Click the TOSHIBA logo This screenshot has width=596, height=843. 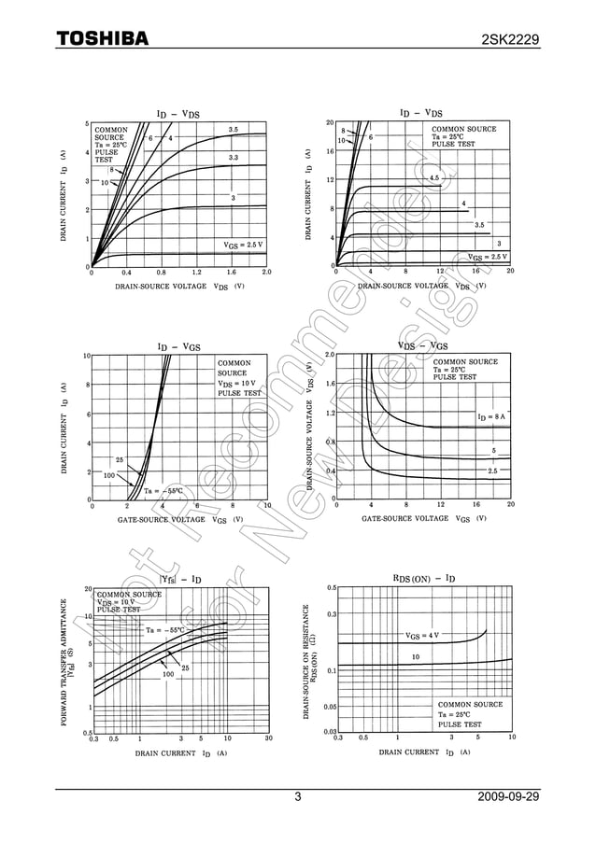102,37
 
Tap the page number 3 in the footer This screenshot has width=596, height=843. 298,797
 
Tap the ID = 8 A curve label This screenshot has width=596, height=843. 490,416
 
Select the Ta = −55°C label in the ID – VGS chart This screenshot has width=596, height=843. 164,491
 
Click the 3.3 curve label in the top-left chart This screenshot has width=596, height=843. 234,158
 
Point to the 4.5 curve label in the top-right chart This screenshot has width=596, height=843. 433,177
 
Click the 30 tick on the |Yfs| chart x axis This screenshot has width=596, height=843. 268,738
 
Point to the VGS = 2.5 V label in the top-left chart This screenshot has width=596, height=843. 243,244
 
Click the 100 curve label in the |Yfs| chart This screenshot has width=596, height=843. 168,673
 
